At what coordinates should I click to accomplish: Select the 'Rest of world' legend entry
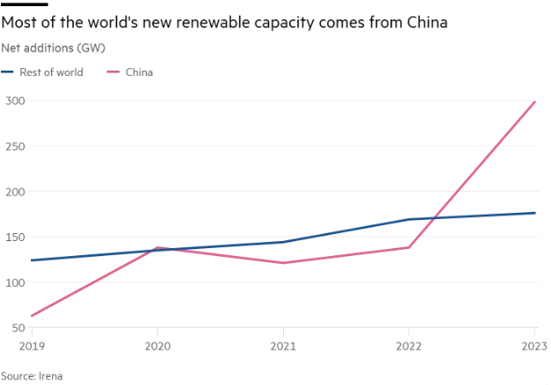coord(51,72)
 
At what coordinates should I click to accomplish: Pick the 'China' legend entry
coord(138,72)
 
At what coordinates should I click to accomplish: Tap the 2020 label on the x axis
coord(157,345)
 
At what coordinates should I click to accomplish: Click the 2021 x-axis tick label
coord(283,345)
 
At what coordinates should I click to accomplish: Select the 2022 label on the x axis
coord(409,345)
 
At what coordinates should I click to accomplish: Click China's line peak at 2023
coord(534,102)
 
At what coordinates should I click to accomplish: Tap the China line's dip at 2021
coord(283,263)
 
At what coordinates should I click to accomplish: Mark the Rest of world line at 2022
coord(409,219)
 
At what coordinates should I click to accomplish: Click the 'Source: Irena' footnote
coord(32,375)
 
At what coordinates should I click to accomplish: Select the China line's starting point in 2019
coord(31,316)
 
